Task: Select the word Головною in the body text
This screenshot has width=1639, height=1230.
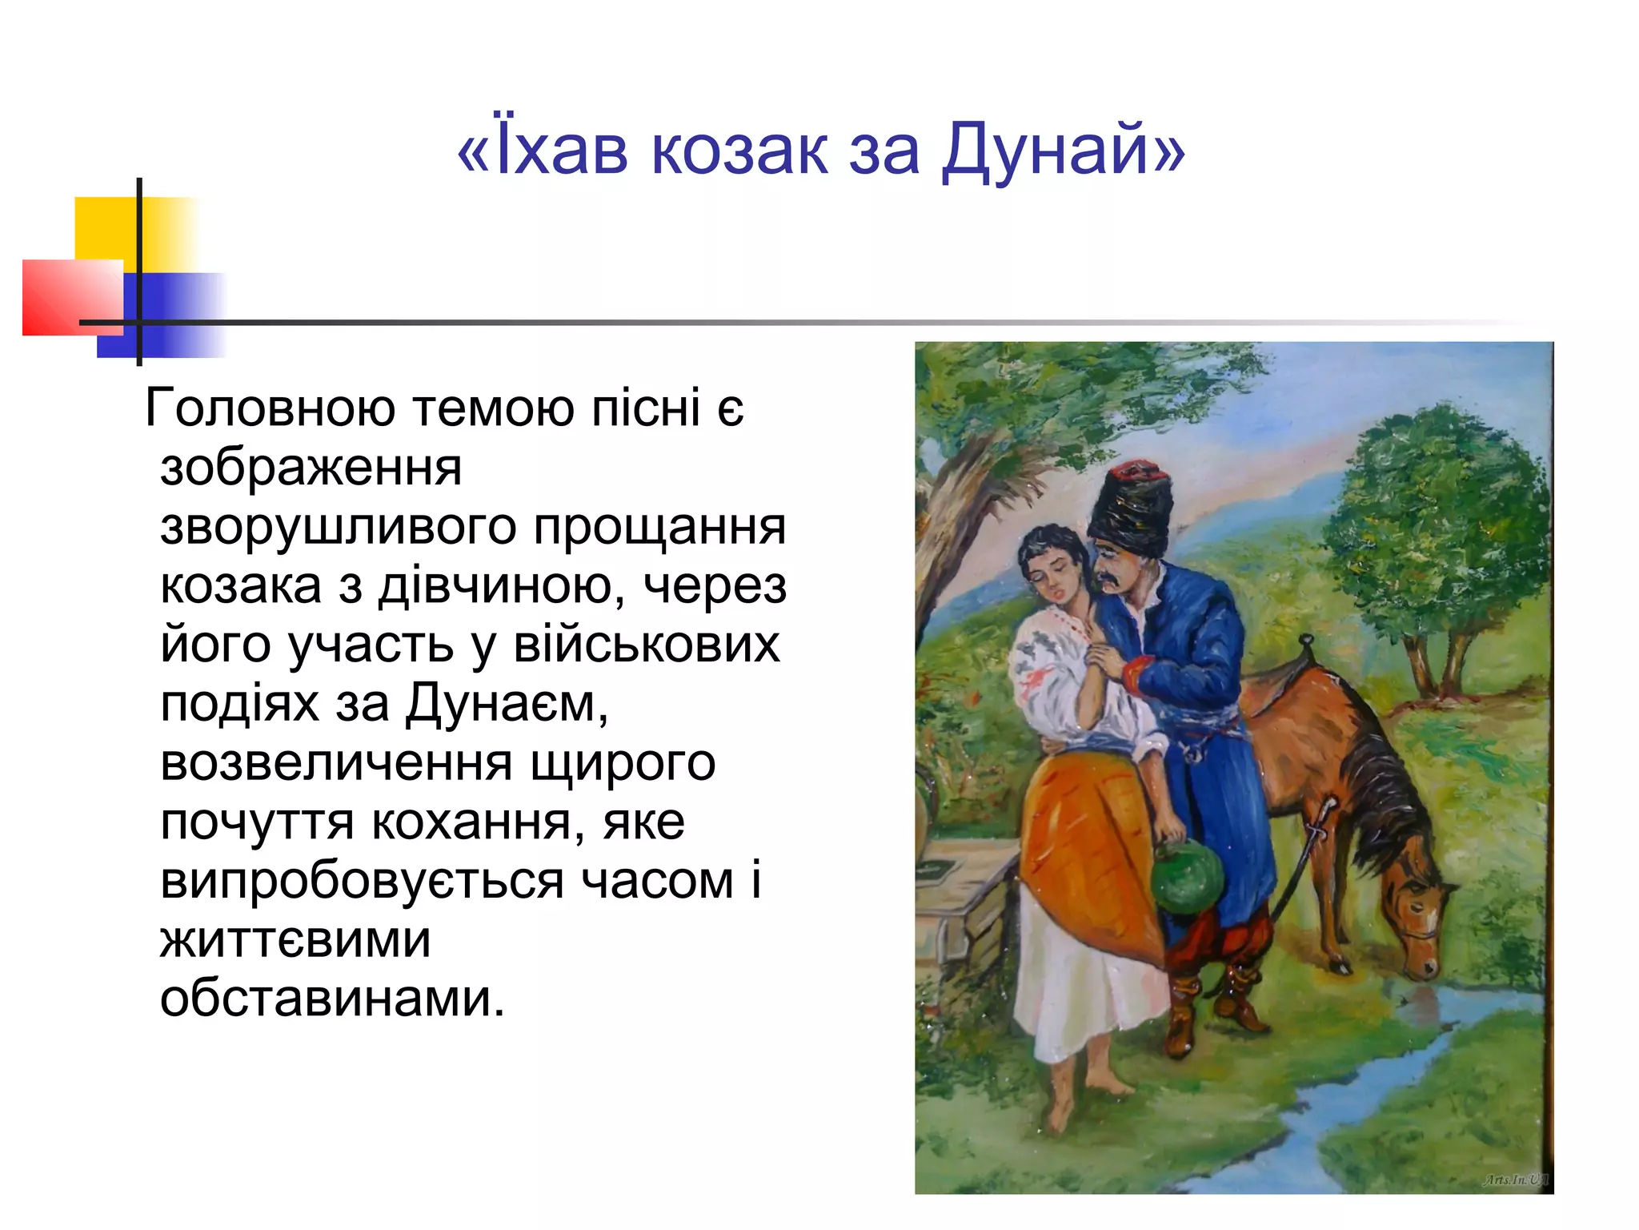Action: [270, 408]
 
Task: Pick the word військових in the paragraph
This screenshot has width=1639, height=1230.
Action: [646, 645]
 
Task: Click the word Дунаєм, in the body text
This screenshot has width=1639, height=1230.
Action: [507, 704]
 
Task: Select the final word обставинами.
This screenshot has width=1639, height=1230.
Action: [332, 999]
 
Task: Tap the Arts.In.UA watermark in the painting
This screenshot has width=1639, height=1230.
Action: [1515, 1180]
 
